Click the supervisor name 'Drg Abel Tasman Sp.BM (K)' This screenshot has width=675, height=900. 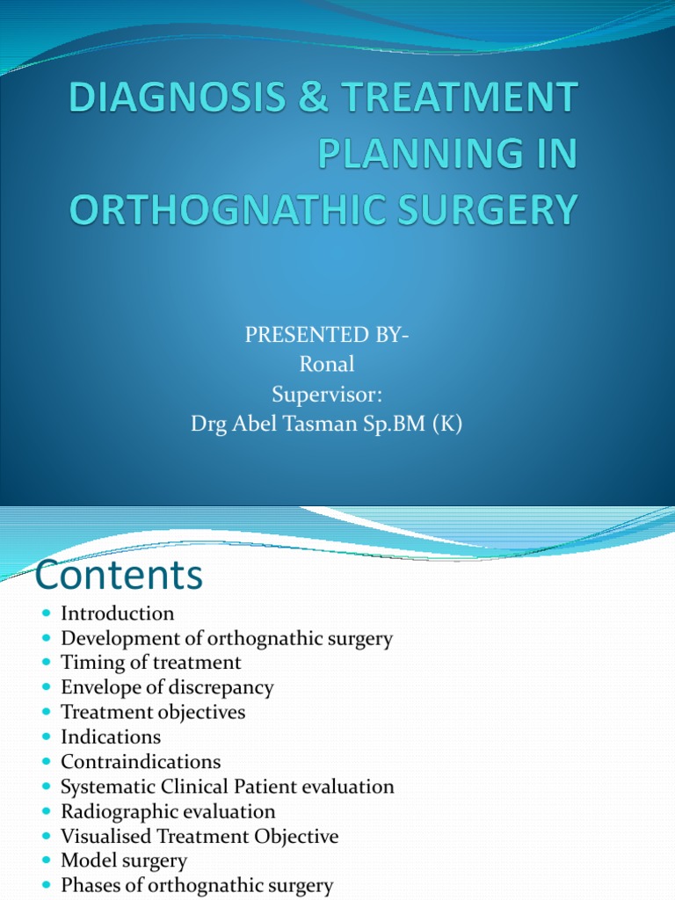coord(326,425)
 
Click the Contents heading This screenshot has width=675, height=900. coord(118,576)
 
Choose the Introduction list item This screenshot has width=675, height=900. coord(117,613)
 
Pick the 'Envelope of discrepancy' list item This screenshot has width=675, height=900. coord(167,687)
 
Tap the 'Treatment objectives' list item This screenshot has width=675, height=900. coord(153,712)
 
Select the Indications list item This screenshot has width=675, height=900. coord(111,737)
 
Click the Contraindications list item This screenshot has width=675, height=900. coord(141,761)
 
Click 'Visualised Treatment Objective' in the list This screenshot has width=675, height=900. coord(200,837)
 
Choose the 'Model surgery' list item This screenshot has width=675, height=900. coord(124,861)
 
